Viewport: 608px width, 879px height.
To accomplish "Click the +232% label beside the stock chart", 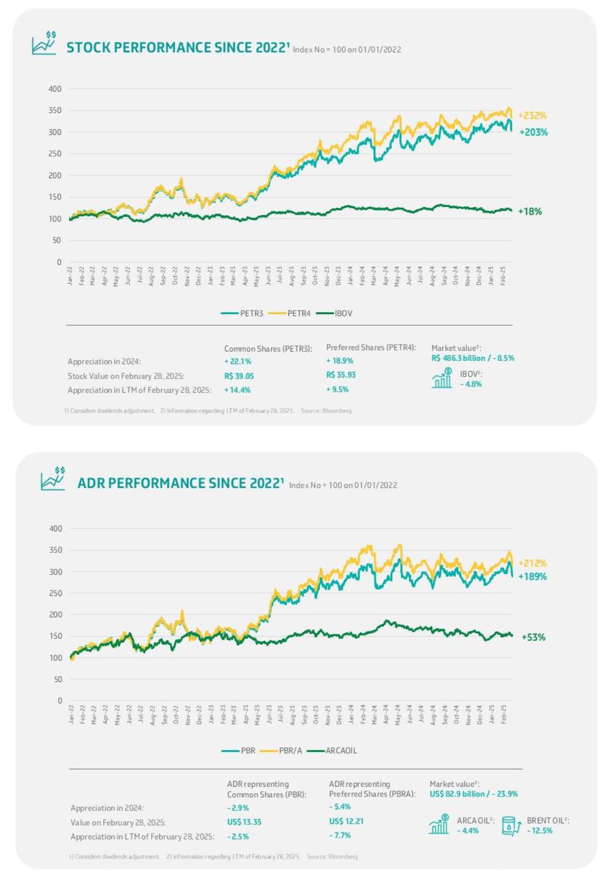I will coord(532,116).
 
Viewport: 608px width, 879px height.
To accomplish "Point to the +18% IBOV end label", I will coord(530,212).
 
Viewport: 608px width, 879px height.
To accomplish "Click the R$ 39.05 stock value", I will coord(239,376).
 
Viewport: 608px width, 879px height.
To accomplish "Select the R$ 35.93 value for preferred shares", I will coord(341,375).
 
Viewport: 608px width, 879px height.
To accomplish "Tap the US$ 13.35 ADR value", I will coord(244,822).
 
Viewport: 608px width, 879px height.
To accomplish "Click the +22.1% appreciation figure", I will coord(238,361).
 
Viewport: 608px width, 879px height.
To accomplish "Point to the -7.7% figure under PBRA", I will coord(340,835).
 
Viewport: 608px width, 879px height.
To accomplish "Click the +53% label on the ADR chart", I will coord(533,637).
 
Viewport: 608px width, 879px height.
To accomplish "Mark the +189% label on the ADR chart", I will coord(532,577).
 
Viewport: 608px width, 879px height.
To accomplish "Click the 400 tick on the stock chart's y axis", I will coord(55,89).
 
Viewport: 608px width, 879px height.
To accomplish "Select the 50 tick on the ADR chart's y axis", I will coord(58,679).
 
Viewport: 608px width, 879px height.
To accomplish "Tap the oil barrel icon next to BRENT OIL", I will coord(510,826).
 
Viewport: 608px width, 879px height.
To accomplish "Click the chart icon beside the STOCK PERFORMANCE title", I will coord(44,43).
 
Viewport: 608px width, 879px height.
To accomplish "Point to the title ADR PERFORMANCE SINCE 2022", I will coord(180,483).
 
